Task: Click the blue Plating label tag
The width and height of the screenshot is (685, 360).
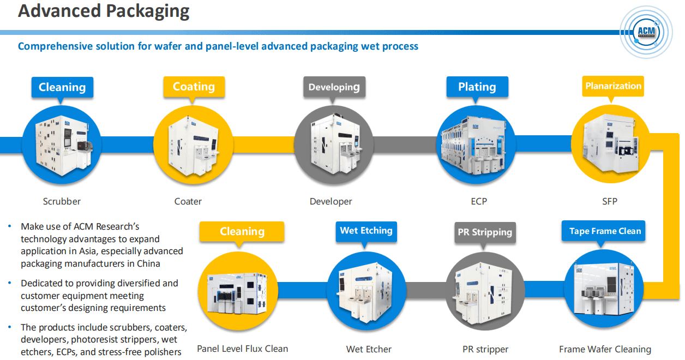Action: click(477, 87)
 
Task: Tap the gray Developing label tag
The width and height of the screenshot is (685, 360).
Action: click(334, 87)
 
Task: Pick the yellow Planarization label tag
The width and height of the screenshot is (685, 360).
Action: click(613, 86)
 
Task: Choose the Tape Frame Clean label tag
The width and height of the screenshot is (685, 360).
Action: click(605, 231)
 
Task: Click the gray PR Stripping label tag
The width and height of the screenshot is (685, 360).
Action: click(485, 232)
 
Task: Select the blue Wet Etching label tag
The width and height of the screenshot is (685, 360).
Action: click(366, 231)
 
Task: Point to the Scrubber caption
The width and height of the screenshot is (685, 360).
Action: click(62, 201)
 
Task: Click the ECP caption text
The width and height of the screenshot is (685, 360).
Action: click(479, 201)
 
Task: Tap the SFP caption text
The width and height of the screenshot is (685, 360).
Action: click(610, 201)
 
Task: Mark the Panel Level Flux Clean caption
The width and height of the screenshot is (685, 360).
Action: click(242, 349)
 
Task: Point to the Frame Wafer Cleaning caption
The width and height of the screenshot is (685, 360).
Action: click(605, 349)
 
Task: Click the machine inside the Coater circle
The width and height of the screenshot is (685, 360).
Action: click(194, 144)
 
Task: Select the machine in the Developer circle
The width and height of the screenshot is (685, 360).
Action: click(334, 144)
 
